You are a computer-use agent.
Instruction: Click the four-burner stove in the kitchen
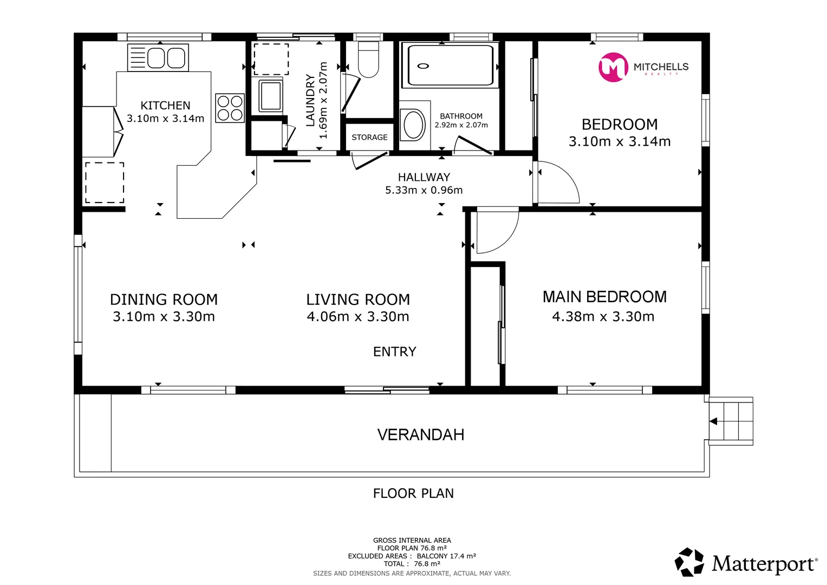coord(230,108)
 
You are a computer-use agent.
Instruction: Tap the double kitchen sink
coord(158,57)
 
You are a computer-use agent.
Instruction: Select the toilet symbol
coord(368,59)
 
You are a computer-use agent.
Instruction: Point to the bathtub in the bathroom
coord(450,65)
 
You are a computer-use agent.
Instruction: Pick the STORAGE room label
coord(369,138)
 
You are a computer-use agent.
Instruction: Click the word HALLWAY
coord(424,177)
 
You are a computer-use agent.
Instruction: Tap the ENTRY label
coord(395,352)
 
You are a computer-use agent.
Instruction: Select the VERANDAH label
coord(420,434)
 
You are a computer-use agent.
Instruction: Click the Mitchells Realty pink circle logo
coord(613,67)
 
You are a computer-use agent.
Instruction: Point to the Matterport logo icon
coord(689,562)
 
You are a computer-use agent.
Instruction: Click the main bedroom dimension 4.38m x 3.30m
coord(603,316)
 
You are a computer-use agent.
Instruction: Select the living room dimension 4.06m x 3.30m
coord(358,316)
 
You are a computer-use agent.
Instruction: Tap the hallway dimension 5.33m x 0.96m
coord(424,190)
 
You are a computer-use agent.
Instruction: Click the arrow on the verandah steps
coord(713,421)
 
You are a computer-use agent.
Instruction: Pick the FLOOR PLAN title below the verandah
coord(413,493)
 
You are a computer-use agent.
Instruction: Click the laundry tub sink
coord(271,96)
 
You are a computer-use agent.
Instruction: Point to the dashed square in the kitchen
coord(105,183)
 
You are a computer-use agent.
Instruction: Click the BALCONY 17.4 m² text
coord(446,556)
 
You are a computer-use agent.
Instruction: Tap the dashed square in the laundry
coord(271,59)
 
